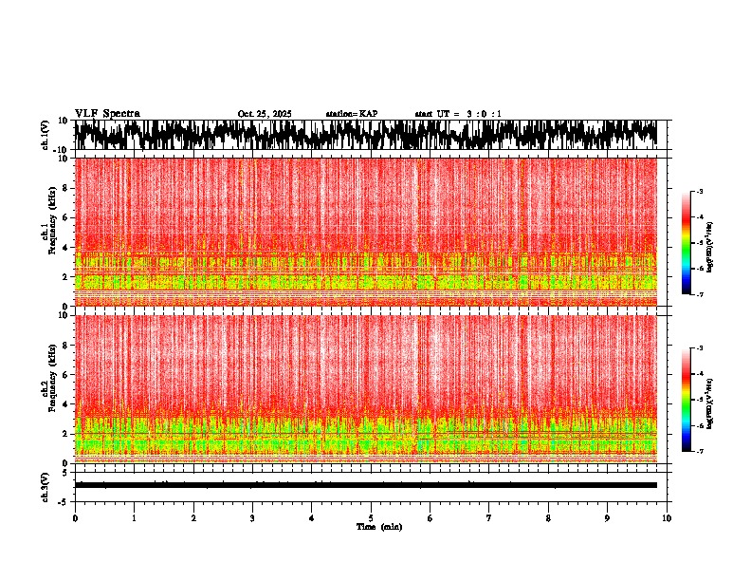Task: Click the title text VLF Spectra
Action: (x=107, y=114)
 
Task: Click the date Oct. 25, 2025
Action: (x=265, y=114)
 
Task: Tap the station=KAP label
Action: (x=352, y=114)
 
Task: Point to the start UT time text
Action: (x=458, y=114)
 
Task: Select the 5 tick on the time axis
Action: (x=371, y=518)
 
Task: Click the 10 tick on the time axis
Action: (x=667, y=518)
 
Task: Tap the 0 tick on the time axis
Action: (x=75, y=518)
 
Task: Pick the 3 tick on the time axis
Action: (x=252, y=518)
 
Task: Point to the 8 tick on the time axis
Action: (x=548, y=518)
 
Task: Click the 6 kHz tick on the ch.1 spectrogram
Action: (x=65, y=217)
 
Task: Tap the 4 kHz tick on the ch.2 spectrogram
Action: (x=65, y=404)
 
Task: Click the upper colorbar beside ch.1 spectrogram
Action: (x=687, y=243)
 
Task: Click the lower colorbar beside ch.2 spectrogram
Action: (x=687, y=400)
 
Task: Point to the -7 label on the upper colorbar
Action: (x=699, y=295)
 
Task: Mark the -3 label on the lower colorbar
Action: (x=699, y=348)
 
